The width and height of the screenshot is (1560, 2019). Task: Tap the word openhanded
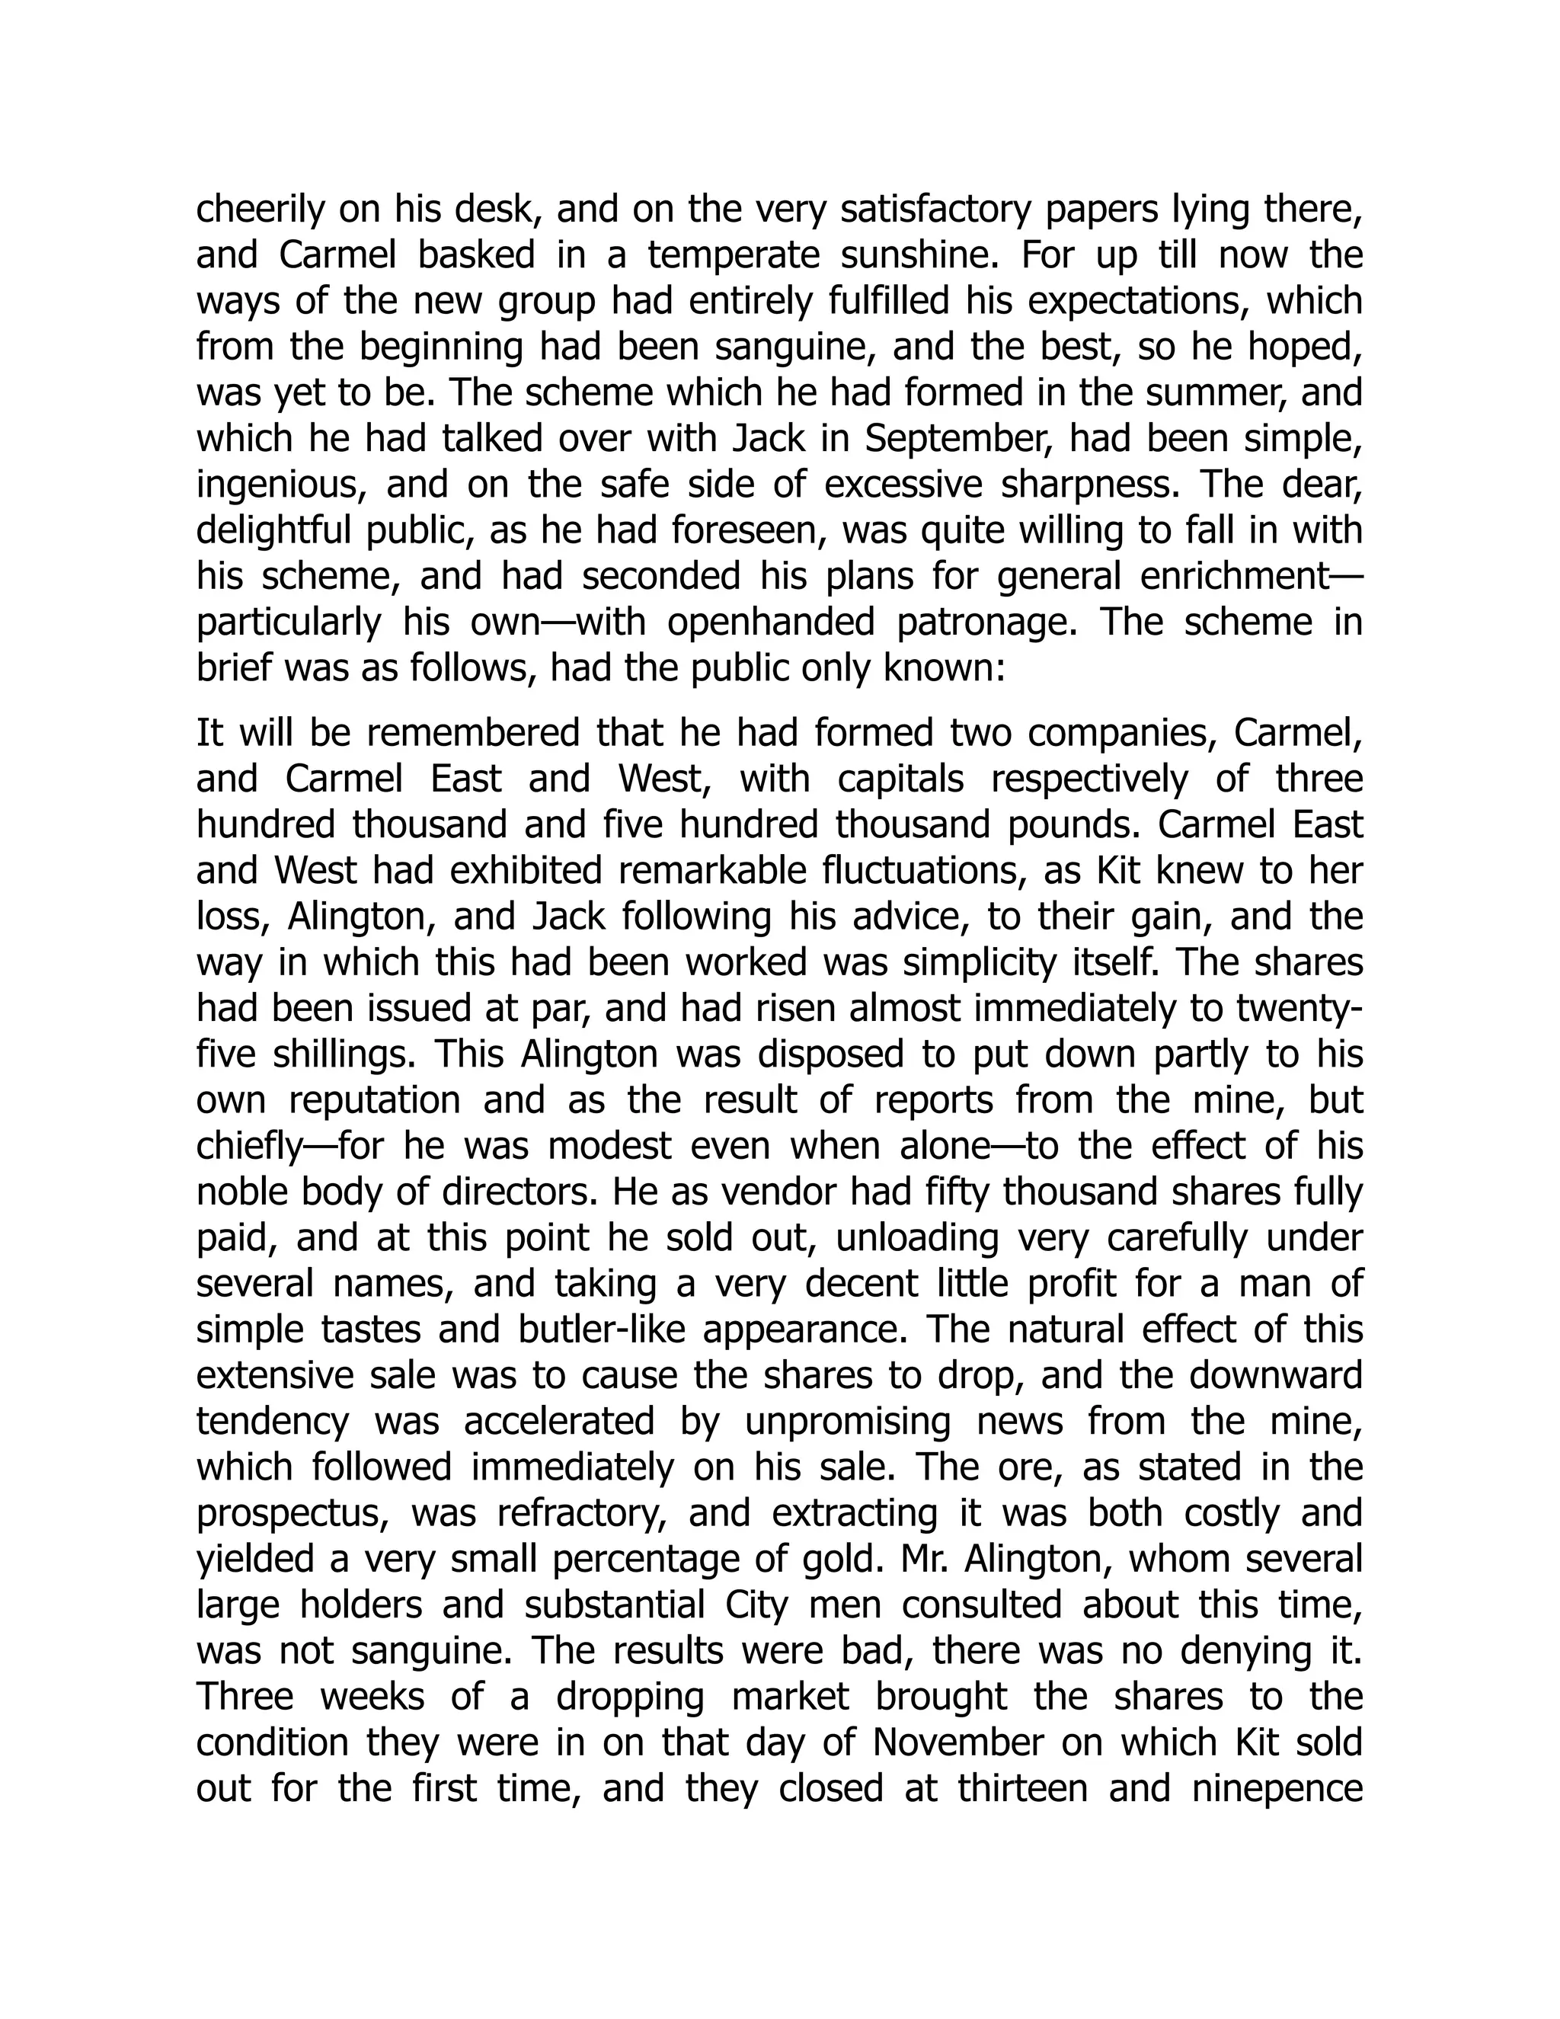pos(771,622)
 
